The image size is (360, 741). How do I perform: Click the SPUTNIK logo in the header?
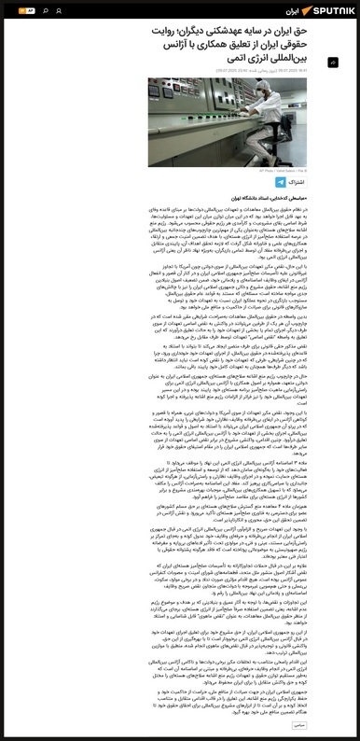click(322, 10)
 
